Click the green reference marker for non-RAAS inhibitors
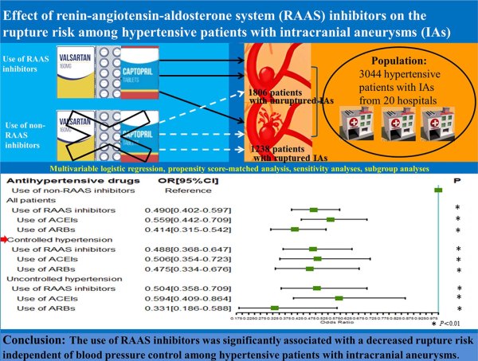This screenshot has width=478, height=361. (437, 190)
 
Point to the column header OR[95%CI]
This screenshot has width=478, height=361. (173, 180)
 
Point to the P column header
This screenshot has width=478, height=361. (458, 180)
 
